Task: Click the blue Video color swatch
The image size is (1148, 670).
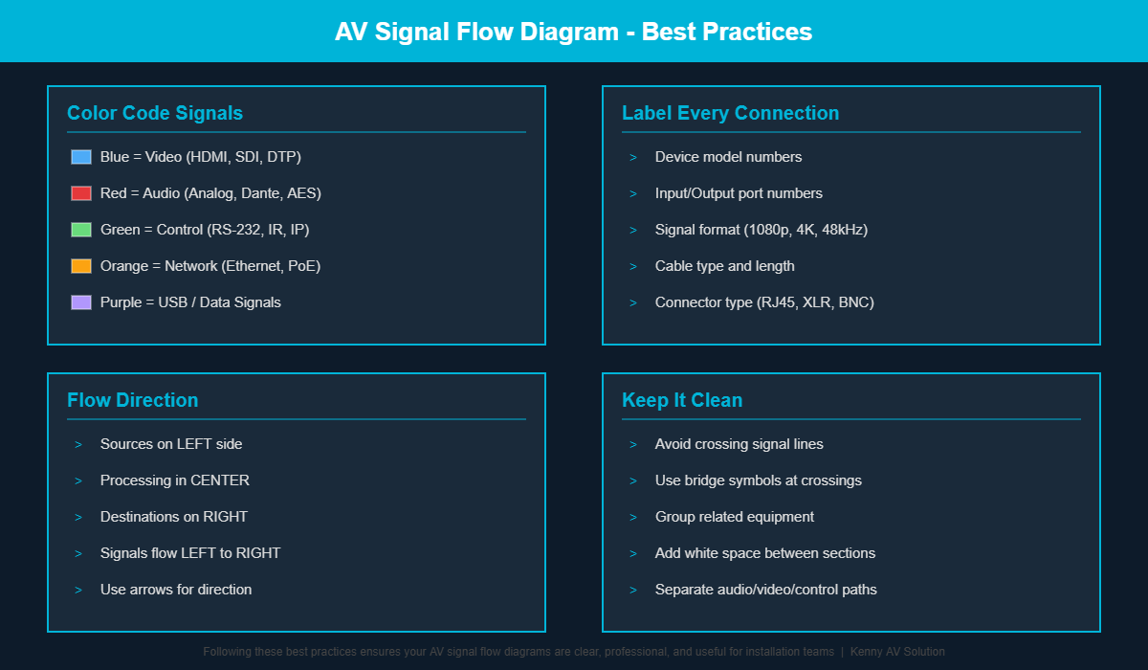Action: pos(81,157)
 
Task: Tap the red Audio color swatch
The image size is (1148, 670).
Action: pos(81,193)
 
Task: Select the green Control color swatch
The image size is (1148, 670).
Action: pos(81,230)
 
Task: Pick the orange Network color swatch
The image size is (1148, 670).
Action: pos(81,266)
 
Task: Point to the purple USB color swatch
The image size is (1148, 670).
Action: pos(81,302)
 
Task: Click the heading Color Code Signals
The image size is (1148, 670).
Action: pos(155,113)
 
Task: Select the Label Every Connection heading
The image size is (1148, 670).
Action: pos(730,113)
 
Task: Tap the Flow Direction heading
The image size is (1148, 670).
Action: pos(133,400)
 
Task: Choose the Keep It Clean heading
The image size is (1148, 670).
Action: pos(682,400)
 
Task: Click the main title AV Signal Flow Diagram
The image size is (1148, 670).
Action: pos(573,32)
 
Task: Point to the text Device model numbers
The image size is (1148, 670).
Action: pos(728,157)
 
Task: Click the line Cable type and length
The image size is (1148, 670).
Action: pos(724,266)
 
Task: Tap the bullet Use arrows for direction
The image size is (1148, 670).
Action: pos(176,590)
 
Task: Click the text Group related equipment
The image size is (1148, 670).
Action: pos(735,517)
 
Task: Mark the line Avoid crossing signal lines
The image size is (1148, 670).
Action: pos(739,444)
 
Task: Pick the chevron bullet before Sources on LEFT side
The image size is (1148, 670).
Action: pos(77,444)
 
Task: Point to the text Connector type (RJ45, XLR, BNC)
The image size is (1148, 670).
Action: pos(764,302)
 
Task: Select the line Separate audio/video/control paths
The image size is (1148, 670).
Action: pos(765,590)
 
